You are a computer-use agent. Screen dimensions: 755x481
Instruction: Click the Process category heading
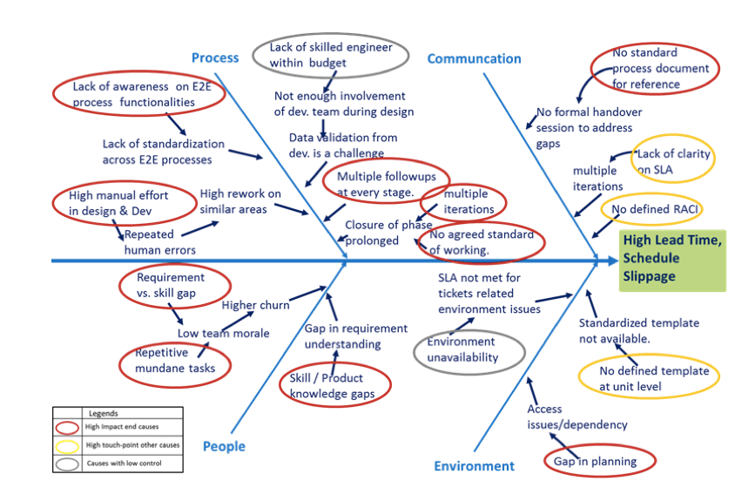tap(215, 58)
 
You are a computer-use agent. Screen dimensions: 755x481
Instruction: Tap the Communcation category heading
tap(475, 58)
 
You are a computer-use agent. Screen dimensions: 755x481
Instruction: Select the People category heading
tap(224, 446)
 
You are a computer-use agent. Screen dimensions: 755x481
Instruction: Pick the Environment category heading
tap(475, 466)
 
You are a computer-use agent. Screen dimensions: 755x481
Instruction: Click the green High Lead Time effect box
tap(672, 261)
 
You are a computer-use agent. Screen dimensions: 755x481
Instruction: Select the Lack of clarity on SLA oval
tap(672, 159)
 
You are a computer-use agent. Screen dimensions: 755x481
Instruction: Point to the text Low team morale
tap(224, 333)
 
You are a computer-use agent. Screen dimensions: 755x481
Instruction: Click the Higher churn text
tap(255, 305)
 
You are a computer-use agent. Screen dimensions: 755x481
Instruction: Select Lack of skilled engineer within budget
tap(331, 56)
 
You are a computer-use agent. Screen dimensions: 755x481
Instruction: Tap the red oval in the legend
tap(67, 428)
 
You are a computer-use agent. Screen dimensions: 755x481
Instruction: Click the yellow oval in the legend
tap(67, 446)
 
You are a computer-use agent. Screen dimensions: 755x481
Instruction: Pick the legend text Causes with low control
tap(125, 464)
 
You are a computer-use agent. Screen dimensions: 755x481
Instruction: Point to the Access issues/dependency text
tap(576, 417)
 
